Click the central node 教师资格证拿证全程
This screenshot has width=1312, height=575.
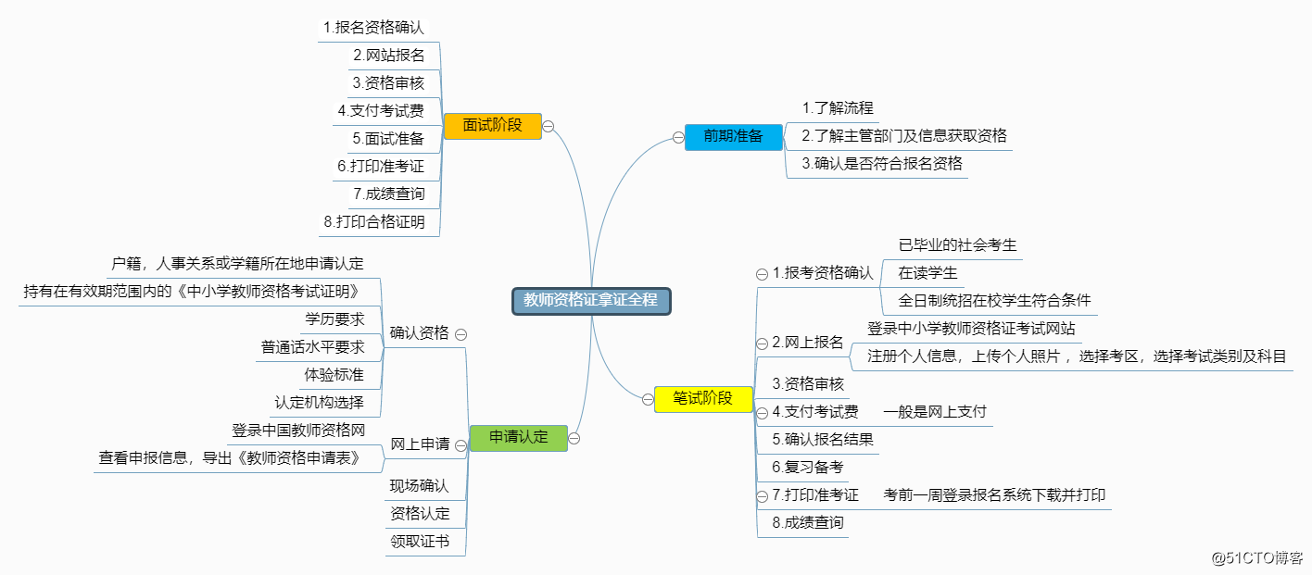590,300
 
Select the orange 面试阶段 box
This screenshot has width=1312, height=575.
491,125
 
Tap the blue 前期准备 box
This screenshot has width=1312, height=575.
733,136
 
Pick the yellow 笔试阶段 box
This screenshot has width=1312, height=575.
702,399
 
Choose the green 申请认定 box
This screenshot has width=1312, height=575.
518,437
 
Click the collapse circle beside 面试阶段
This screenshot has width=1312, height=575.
549,126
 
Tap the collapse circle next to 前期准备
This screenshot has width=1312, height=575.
678,137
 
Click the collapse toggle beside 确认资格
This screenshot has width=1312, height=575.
460,333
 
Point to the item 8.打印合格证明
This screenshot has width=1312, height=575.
374,222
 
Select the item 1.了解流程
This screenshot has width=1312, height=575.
838,108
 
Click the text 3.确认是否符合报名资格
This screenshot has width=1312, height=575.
882,164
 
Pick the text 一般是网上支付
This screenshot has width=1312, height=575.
935,412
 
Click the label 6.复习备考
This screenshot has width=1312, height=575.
808,468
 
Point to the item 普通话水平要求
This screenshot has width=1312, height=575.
312,347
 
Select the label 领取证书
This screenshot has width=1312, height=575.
419,541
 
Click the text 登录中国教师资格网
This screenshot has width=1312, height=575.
298,431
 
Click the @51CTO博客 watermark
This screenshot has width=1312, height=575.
1257,557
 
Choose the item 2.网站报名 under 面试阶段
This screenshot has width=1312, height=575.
389,55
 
